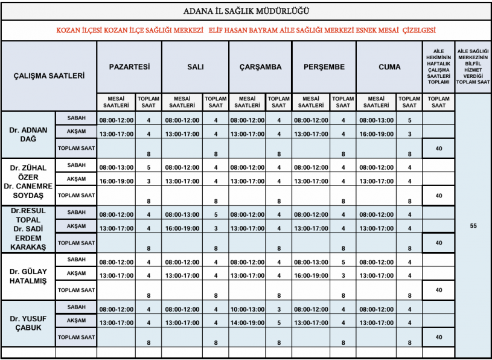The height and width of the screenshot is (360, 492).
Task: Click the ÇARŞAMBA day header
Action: pos(260,67)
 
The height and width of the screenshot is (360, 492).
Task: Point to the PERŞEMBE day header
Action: pos(324,67)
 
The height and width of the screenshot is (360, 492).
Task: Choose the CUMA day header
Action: pos(389,67)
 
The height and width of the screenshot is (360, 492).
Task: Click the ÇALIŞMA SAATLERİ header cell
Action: pos(49,76)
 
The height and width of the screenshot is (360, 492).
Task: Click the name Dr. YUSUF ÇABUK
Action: pos(28,323)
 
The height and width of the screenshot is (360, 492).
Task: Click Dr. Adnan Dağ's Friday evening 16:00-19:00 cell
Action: pos(376,134)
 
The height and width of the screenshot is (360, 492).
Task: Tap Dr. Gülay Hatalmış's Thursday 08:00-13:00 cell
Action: pos(311,263)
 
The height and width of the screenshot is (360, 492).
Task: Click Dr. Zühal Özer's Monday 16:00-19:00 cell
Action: pos(117,181)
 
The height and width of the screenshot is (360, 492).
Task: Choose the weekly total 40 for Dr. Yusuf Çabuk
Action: pos(439,336)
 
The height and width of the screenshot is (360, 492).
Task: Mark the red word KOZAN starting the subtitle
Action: pos(67,30)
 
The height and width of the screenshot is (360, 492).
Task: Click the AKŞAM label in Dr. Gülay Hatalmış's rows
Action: pos(76,273)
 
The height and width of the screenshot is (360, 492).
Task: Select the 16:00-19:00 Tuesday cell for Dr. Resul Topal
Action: pos(182,228)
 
